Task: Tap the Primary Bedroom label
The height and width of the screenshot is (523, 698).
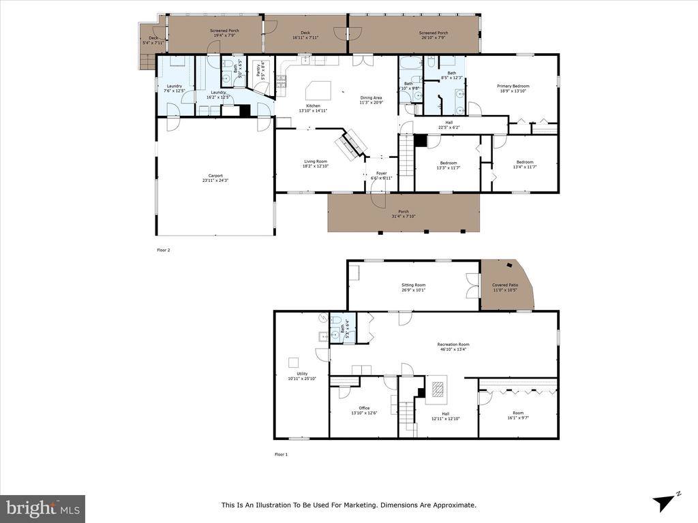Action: coord(513,86)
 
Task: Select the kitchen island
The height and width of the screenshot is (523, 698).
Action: coord(320,90)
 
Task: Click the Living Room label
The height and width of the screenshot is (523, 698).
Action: coord(315,161)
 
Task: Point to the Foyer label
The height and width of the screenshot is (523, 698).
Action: coord(382,173)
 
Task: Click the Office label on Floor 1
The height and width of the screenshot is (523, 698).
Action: coord(364,408)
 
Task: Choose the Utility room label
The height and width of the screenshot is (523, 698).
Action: coord(302,373)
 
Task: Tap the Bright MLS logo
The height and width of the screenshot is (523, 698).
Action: coord(42,508)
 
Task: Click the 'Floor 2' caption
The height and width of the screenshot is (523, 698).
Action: coord(164,250)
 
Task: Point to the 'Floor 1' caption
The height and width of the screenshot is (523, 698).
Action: coord(281,454)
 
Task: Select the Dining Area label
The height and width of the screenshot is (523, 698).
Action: coord(371,98)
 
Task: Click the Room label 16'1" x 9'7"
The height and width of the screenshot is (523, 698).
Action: coord(518,413)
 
